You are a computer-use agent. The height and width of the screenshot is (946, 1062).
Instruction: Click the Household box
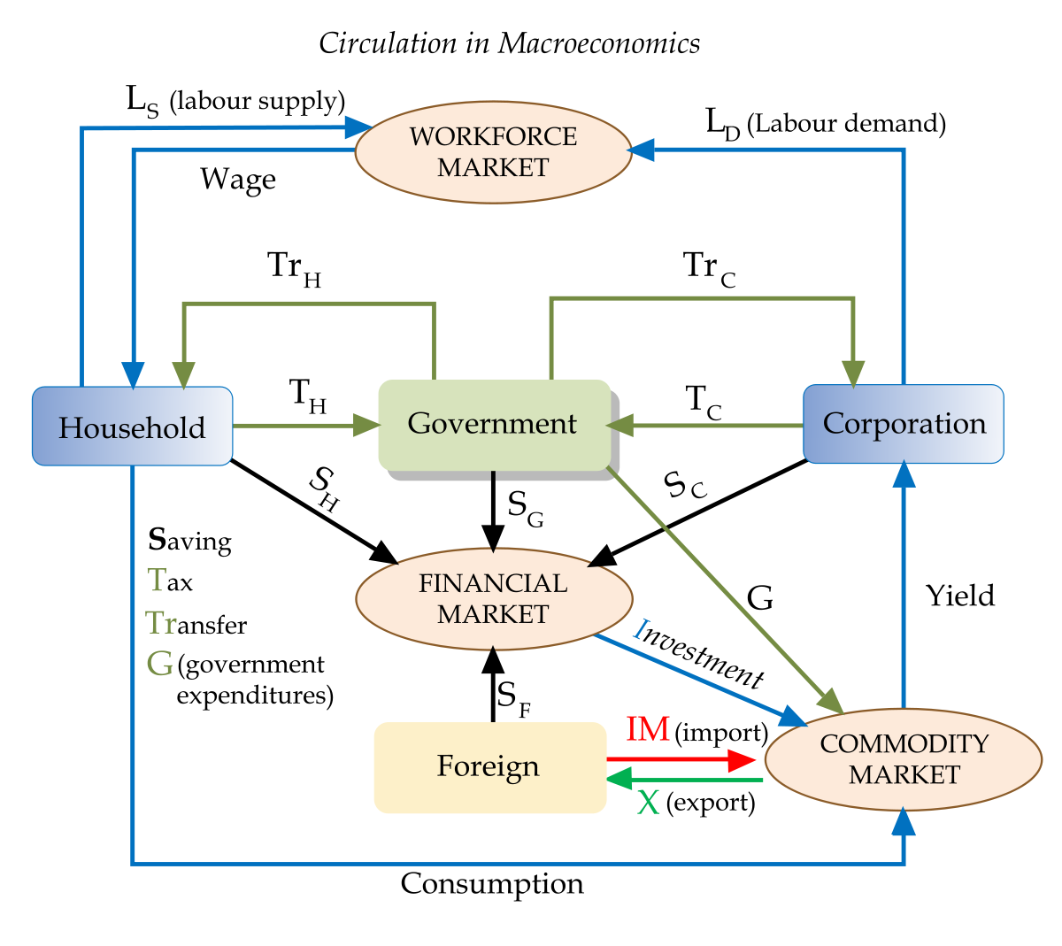coord(132,427)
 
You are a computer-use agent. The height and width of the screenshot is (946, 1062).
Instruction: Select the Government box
coord(494,424)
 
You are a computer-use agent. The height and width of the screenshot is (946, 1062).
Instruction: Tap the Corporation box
coord(903,424)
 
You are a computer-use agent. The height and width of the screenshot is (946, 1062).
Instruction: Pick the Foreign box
coord(489,766)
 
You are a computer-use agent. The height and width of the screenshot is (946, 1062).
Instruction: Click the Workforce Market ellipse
coord(493,152)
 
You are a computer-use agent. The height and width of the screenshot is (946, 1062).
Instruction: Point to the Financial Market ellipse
coord(493,599)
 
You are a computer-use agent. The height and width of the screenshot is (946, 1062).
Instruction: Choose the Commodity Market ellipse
coord(903,759)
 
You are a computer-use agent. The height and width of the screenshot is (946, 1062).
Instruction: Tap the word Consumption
coord(492,883)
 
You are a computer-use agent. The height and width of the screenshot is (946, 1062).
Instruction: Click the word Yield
coord(960,596)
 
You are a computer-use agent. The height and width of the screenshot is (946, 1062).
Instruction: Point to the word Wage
coord(238,180)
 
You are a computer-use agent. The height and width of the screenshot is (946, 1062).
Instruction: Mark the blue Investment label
coord(698,653)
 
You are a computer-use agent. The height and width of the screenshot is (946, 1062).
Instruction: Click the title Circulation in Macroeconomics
coord(509,43)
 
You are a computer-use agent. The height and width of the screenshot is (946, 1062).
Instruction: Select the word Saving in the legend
coord(189,541)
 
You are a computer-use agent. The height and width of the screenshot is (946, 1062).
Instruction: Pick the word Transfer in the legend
coord(196,624)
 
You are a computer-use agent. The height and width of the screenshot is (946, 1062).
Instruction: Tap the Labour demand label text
coord(846,123)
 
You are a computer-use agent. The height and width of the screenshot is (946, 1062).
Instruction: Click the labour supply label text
coord(257,101)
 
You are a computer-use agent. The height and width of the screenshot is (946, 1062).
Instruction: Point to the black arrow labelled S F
coord(493,686)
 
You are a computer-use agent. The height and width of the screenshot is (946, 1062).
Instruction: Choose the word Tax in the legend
coord(170,581)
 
